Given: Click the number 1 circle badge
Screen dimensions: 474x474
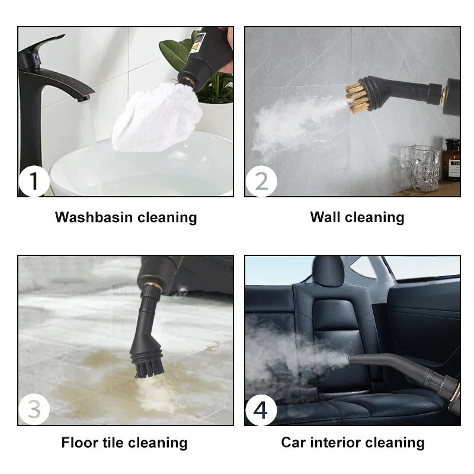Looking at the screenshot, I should coord(34,181).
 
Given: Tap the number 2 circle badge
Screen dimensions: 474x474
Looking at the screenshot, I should coord(261,181).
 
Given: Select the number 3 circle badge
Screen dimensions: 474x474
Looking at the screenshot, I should coord(34,409).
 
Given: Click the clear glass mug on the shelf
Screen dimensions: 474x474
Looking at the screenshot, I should coord(425,168).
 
